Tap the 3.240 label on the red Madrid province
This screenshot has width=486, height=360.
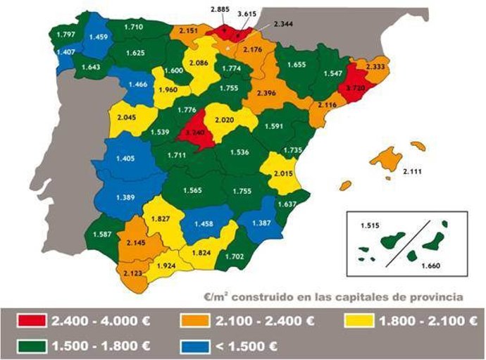(194, 132)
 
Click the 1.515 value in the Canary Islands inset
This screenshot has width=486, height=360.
(370, 225)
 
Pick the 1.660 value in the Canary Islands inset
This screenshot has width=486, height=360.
(431, 266)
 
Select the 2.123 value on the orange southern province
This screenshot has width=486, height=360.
(133, 273)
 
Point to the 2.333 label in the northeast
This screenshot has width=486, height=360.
(373, 66)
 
